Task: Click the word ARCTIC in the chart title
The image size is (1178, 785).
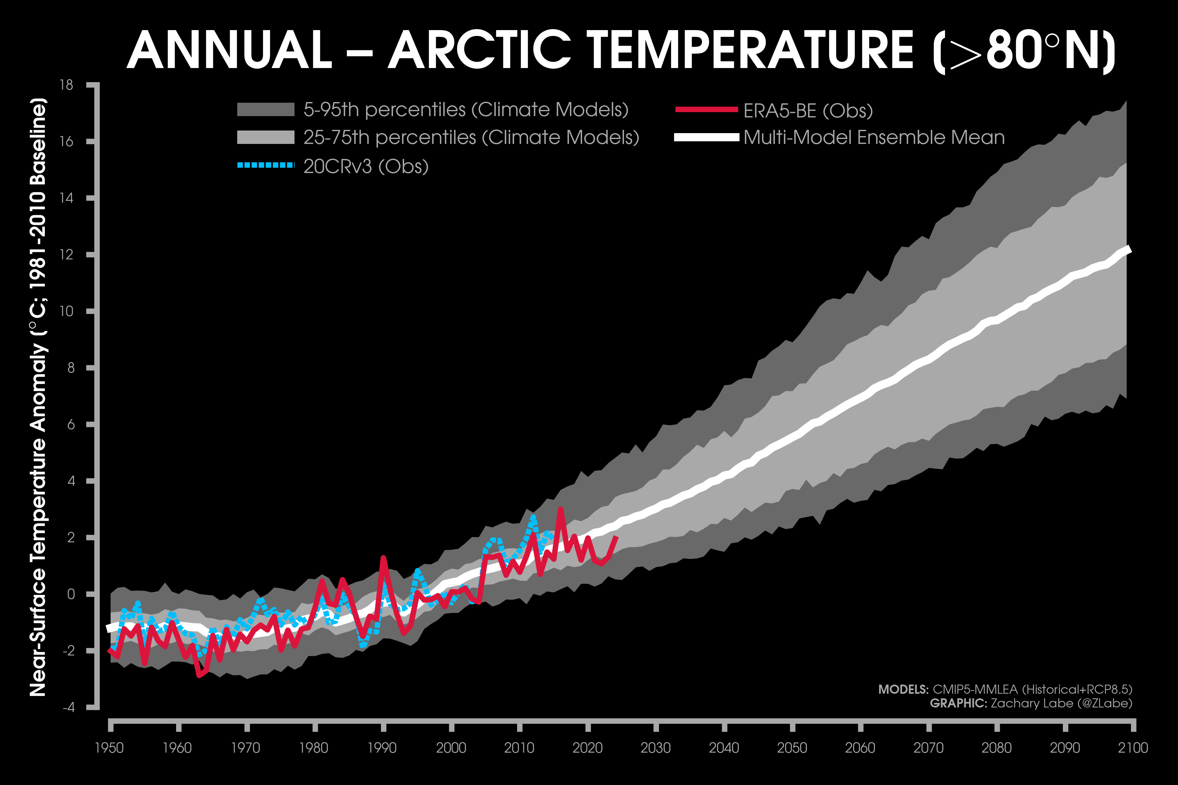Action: pyautogui.click(x=479, y=50)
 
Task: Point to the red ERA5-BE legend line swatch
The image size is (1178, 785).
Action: pyautogui.click(x=706, y=109)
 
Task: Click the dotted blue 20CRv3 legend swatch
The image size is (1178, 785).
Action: pyautogui.click(x=265, y=165)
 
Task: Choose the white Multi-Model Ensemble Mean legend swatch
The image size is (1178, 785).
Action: pyautogui.click(x=706, y=137)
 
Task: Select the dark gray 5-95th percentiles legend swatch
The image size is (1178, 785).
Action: pyautogui.click(x=265, y=109)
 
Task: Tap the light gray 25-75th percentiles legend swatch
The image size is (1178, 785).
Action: pyautogui.click(x=265, y=137)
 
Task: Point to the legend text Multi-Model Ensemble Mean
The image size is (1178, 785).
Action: pyautogui.click(x=874, y=137)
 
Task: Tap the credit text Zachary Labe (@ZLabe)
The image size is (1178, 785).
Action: pyautogui.click(x=1061, y=704)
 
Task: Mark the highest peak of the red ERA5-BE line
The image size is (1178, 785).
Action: pyautogui.click(x=561, y=509)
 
